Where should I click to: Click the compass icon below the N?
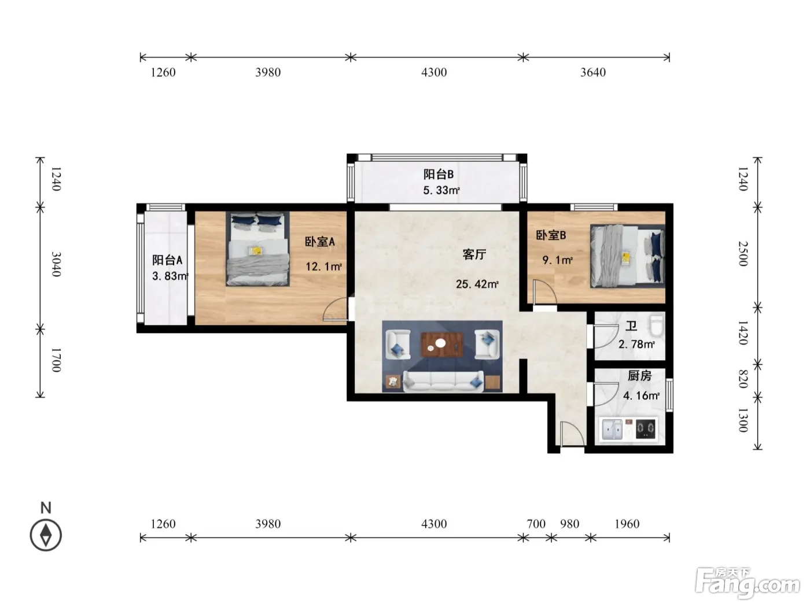click(x=46, y=535)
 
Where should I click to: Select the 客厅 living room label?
click(x=474, y=254)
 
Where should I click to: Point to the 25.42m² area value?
click(x=477, y=284)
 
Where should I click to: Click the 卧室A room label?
click(x=319, y=242)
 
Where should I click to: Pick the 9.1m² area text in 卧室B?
click(x=557, y=260)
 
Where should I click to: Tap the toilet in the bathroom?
click(x=657, y=325)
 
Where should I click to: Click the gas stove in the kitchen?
click(x=646, y=428)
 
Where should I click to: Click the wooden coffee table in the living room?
click(x=441, y=344)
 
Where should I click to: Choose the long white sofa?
click(x=443, y=381)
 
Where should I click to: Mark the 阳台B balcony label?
click(x=439, y=174)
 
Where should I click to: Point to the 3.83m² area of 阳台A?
click(x=170, y=276)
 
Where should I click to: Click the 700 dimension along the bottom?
click(x=536, y=523)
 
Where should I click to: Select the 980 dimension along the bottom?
click(x=569, y=523)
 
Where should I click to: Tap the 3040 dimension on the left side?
click(x=56, y=264)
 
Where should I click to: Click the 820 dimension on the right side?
click(x=743, y=379)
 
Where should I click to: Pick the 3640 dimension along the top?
click(x=593, y=72)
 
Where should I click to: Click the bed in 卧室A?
click(x=257, y=249)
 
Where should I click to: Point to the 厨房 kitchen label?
click(x=639, y=376)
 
